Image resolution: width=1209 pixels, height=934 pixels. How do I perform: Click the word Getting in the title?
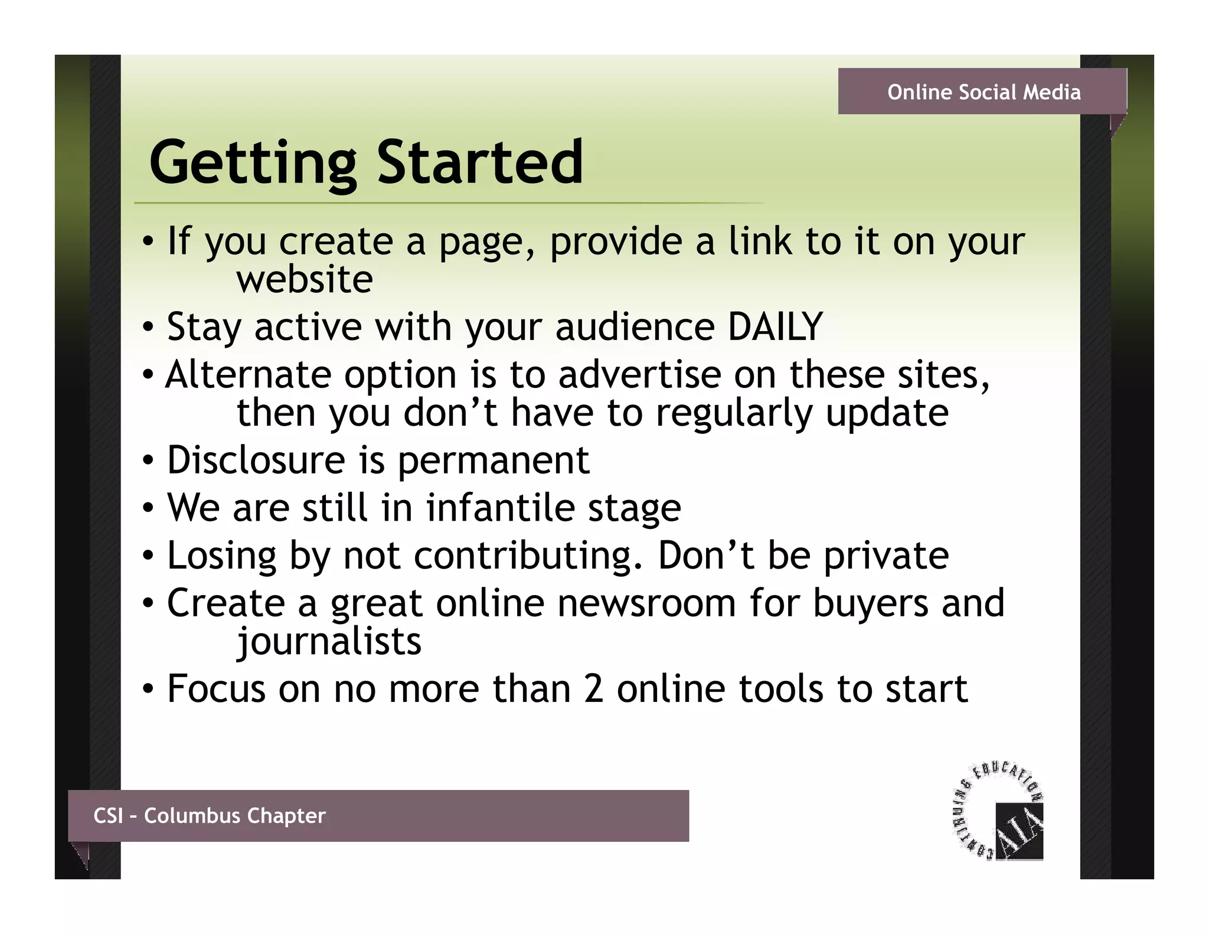pyautogui.click(x=253, y=162)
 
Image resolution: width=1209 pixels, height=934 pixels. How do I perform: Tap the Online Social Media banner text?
pyautogui.click(x=983, y=92)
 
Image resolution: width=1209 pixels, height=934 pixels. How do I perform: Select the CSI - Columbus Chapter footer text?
pyautogui.click(x=210, y=815)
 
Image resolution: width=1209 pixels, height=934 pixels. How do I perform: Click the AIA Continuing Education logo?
pyautogui.click(x=999, y=812)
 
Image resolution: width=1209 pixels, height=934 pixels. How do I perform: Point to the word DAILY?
pyautogui.click(x=775, y=326)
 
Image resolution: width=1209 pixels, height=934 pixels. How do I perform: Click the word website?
pyautogui.click(x=305, y=279)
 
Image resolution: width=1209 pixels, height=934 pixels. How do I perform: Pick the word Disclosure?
pyautogui.click(x=256, y=459)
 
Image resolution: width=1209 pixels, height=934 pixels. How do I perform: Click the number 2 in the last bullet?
pyautogui.click(x=593, y=688)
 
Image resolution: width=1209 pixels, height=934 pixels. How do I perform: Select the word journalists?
pyautogui.click(x=329, y=641)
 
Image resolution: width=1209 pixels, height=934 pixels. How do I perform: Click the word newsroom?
pyautogui.click(x=646, y=603)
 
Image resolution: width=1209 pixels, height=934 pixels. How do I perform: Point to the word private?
pyautogui.click(x=885, y=556)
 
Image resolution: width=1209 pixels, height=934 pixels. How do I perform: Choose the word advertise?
pyautogui.click(x=639, y=374)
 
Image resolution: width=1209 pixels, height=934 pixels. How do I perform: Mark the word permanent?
pyautogui.click(x=494, y=461)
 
